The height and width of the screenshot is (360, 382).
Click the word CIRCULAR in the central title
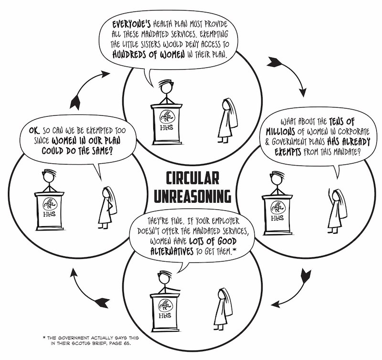pos(192,178)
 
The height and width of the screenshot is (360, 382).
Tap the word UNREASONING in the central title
pos(193,196)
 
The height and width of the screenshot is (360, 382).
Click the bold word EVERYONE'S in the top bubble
pos(131,24)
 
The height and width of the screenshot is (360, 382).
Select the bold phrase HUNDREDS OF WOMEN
pos(149,54)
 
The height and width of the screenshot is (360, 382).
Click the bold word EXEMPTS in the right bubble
pos(288,152)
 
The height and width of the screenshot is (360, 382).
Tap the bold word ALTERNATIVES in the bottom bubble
pos(172,251)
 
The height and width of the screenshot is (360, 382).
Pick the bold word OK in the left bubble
pos(34,131)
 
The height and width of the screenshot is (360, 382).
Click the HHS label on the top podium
pos(167,127)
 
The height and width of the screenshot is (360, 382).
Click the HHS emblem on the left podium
pos(50,204)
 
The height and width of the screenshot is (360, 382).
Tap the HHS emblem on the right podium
pos(277,208)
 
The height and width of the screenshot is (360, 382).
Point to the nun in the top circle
pos(228,120)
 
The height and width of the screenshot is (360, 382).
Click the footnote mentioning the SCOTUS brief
pos(91,340)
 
